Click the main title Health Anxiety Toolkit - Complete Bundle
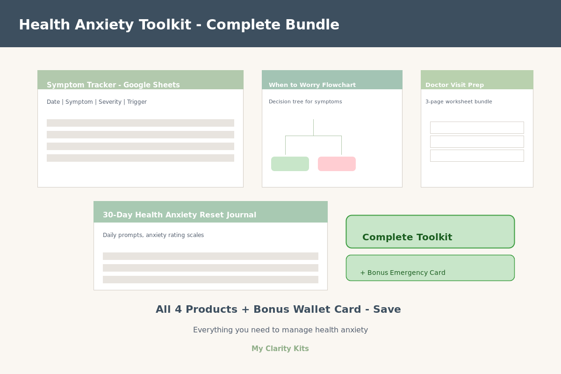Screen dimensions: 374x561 (179, 25)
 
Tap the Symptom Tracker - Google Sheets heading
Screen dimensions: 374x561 (113, 85)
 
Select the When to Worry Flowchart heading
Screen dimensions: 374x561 (312, 85)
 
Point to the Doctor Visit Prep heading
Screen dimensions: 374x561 (454, 85)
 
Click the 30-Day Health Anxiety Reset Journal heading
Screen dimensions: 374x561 (180, 215)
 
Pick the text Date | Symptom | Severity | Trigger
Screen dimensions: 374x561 (97, 102)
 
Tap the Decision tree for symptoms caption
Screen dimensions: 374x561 (305, 102)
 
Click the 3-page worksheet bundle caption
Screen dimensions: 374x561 (459, 102)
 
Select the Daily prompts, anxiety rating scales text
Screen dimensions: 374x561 (153, 235)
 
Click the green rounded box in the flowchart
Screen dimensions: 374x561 (290, 164)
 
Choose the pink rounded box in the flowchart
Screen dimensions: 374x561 (337, 164)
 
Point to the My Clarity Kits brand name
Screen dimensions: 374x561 (280, 349)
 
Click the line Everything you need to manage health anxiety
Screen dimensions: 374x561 (280, 330)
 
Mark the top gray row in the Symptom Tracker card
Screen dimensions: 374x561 (140, 123)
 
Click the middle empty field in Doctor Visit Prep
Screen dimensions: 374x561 (477, 142)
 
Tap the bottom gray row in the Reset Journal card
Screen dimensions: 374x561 (210, 280)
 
